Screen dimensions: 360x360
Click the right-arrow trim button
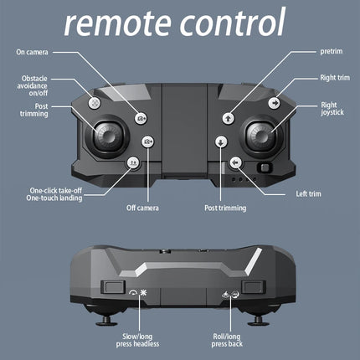274,103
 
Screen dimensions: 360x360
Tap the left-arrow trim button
236,162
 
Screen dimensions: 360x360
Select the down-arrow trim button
221,141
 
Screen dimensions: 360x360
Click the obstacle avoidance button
95,103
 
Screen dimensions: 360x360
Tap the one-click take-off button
133,162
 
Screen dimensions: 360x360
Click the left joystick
108,136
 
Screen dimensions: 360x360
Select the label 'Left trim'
308,193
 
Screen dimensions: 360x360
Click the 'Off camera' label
142,208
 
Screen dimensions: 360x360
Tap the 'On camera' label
32,52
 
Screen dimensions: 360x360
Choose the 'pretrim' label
332,52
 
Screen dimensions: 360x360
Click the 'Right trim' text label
335,78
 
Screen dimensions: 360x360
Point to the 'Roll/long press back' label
227,340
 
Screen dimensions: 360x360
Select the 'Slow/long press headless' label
137,340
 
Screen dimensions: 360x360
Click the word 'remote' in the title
117,23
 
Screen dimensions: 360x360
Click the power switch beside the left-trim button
265,167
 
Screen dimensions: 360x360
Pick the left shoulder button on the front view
113,287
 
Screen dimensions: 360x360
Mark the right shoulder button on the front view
254,287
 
